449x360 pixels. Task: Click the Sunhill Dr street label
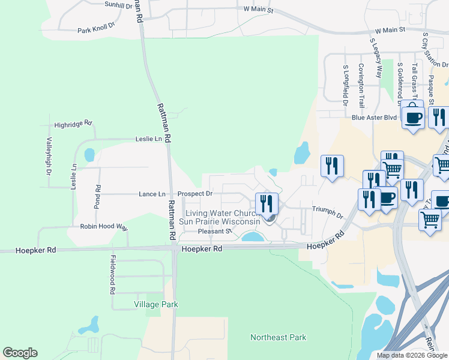[x=118, y=4]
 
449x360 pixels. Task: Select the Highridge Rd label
[x=73, y=125]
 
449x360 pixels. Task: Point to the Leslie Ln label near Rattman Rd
[x=150, y=139]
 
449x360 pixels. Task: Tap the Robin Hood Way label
[x=104, y=227]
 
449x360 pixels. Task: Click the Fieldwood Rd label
[x=112, y=274]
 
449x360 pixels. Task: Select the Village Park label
[x=155, y=304]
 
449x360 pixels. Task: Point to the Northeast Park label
[x=278, y=338]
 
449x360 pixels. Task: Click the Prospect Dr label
[x=195, y=194]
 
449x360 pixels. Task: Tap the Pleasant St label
[x=215, y=230]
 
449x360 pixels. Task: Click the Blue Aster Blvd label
[x=375, y=118]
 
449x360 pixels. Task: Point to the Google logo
[x=20, y=353]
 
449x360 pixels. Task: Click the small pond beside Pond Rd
[x=89, y=155]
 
